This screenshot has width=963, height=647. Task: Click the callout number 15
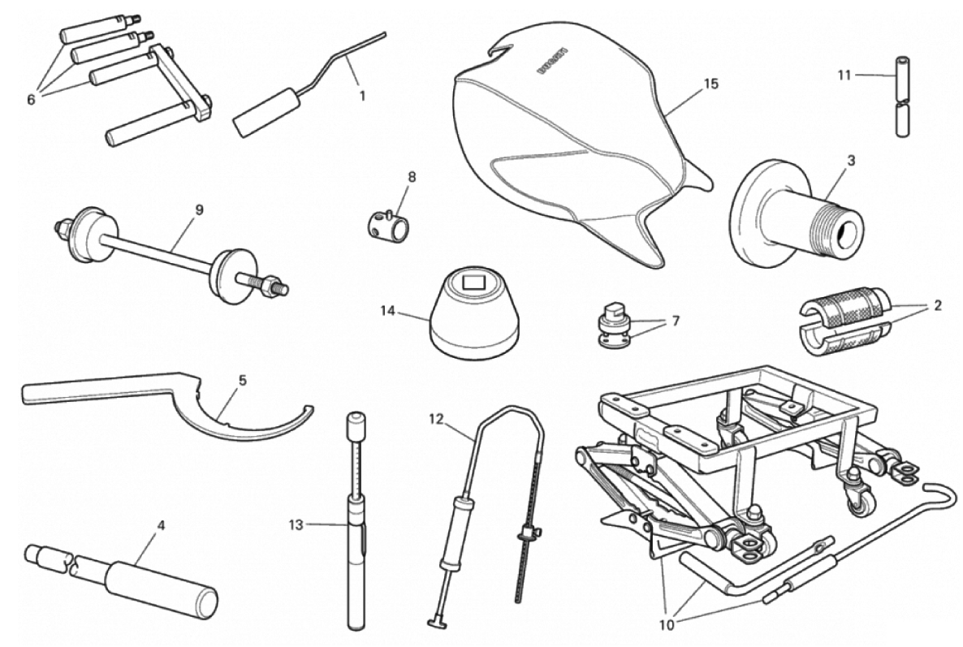point(710,84)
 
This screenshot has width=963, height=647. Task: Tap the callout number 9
point(198,209)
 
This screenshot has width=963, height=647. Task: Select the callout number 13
point(296,525)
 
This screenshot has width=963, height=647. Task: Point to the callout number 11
point(844,75)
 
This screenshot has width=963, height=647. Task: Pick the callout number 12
point(435,419)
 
